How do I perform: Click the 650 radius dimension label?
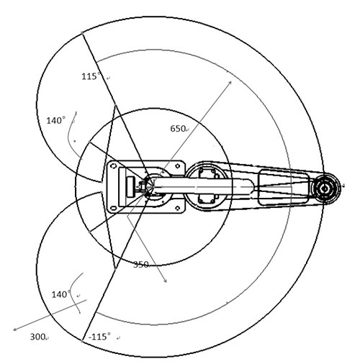tap(178, 129)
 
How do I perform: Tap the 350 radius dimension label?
tap(141, 265)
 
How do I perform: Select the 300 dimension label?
tap(37, 337)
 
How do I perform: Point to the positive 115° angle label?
tap(91, 76)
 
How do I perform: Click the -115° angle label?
tap(99, 337)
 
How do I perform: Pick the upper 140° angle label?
tap(55, 120)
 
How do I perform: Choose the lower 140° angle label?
tap(61, 294)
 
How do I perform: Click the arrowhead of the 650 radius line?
tap(230, 83)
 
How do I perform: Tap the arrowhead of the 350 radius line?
tap(165, 281)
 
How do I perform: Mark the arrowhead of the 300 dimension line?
tap(15, 329)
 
